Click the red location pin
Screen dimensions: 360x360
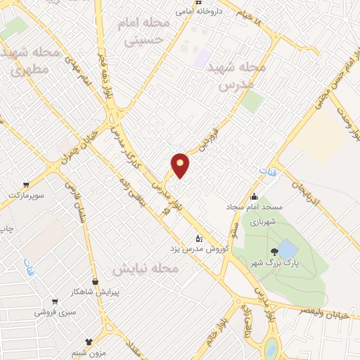(181, 165)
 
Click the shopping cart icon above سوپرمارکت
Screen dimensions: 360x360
(15, 181)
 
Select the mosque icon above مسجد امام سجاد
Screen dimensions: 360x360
(254, 196)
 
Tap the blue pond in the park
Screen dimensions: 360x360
(288, 249)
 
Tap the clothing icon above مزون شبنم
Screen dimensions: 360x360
(89, 341)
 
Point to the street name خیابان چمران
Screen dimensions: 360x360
(77, 146)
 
